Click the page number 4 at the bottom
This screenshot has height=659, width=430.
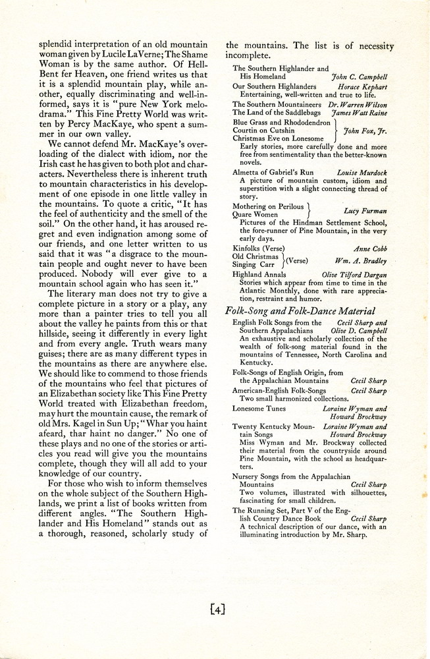click(x=217, y=610)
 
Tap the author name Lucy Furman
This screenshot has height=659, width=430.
click(x=365, y=211)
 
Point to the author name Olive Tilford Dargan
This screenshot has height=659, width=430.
click(x=356, y=273)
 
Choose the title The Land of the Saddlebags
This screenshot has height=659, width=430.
click(x=277, y=113)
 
